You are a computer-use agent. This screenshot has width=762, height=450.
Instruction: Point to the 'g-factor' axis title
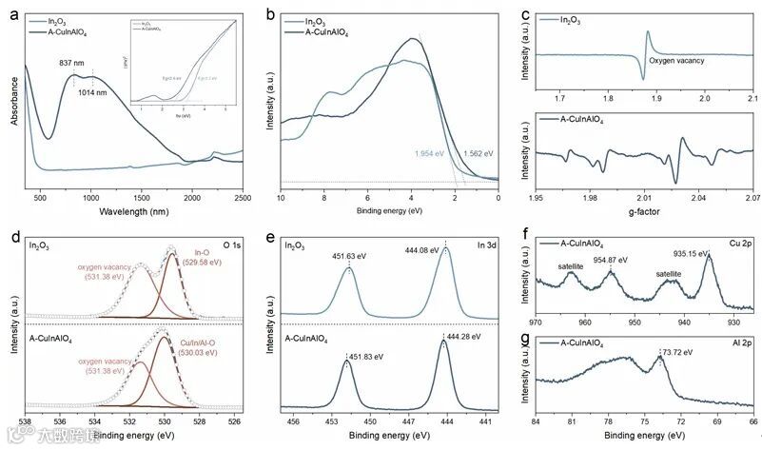click(643, 211)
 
